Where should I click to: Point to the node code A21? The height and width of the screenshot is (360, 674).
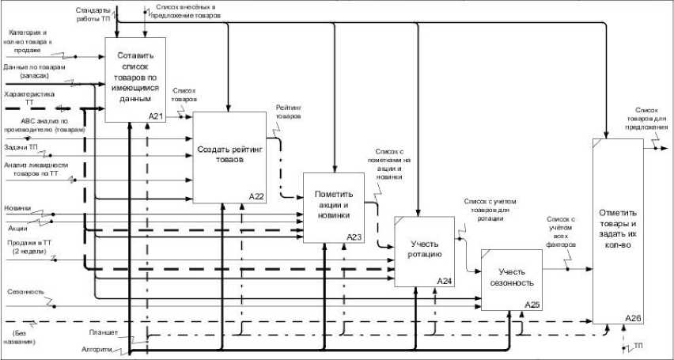(x=156, y=116)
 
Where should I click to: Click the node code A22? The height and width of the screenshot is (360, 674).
(x=256, y=195)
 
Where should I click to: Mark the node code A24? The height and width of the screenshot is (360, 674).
(x=445, y=281)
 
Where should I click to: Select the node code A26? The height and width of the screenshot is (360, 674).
(x=632, y=317)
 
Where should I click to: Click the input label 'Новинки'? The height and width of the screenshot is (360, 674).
(x=17, y=208)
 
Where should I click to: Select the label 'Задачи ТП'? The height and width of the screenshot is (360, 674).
(x=21, y=148)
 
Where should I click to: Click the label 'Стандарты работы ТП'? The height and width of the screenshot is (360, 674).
(x=93, y=13)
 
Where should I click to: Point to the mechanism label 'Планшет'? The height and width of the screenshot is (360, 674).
(x=104, y=332)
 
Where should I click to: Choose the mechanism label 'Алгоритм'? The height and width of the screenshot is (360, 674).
(x=97, y=347)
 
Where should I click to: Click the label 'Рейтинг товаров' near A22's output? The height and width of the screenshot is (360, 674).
(x=288, y=111)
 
